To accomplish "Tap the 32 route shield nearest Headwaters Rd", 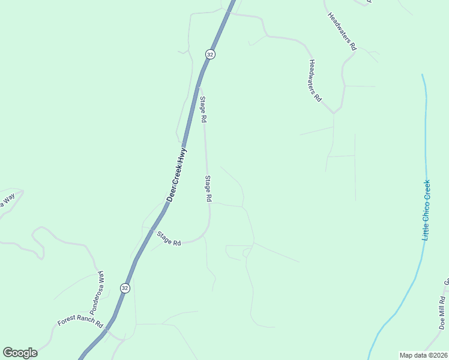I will pyautogui.click(x=209, y=54).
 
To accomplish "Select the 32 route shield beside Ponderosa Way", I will pyautogui.click(x=124, y=288).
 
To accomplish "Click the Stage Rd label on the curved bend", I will pyautogui.click(x=169, y=239).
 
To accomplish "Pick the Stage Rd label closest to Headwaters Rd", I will pyautogui.click(x=203, y=110).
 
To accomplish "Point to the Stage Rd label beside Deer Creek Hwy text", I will pyautogui.click(x=208, y=188).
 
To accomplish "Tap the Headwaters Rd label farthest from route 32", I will pyautogui.click(x=343, y=30).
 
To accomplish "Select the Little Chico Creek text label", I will pyautogui.click(x=426, y=210).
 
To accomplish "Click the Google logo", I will pyautogui.click(x=20, y=353).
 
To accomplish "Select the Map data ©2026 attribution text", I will pyautogui.click(x=423, y=355).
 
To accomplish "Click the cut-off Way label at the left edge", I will pyautogui.click(x=7, y=203).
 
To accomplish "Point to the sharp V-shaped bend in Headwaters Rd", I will pyautogui.click(x=334, y=112).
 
